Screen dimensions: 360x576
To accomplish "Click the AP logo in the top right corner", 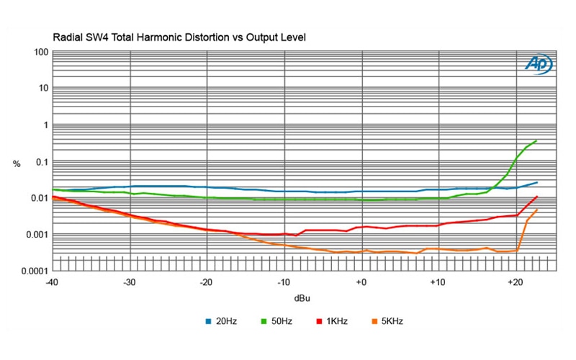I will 539,65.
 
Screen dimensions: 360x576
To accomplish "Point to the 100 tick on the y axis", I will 40,53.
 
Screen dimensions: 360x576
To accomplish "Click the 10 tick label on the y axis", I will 42,89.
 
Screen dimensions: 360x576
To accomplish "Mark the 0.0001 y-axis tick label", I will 34,271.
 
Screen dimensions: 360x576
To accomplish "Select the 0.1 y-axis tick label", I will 40,162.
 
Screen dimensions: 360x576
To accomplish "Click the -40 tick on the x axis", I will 52,283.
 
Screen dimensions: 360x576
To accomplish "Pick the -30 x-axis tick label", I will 130,283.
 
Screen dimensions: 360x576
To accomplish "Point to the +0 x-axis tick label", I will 361,283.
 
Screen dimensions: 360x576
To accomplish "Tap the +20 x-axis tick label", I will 514,283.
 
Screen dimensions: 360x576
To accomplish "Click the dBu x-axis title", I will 302,297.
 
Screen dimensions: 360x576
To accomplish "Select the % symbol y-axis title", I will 17,164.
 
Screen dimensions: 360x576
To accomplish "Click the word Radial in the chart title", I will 67,37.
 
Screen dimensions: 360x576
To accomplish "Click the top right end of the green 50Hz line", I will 536,140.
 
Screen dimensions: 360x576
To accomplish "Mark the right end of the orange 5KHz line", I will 536,210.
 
